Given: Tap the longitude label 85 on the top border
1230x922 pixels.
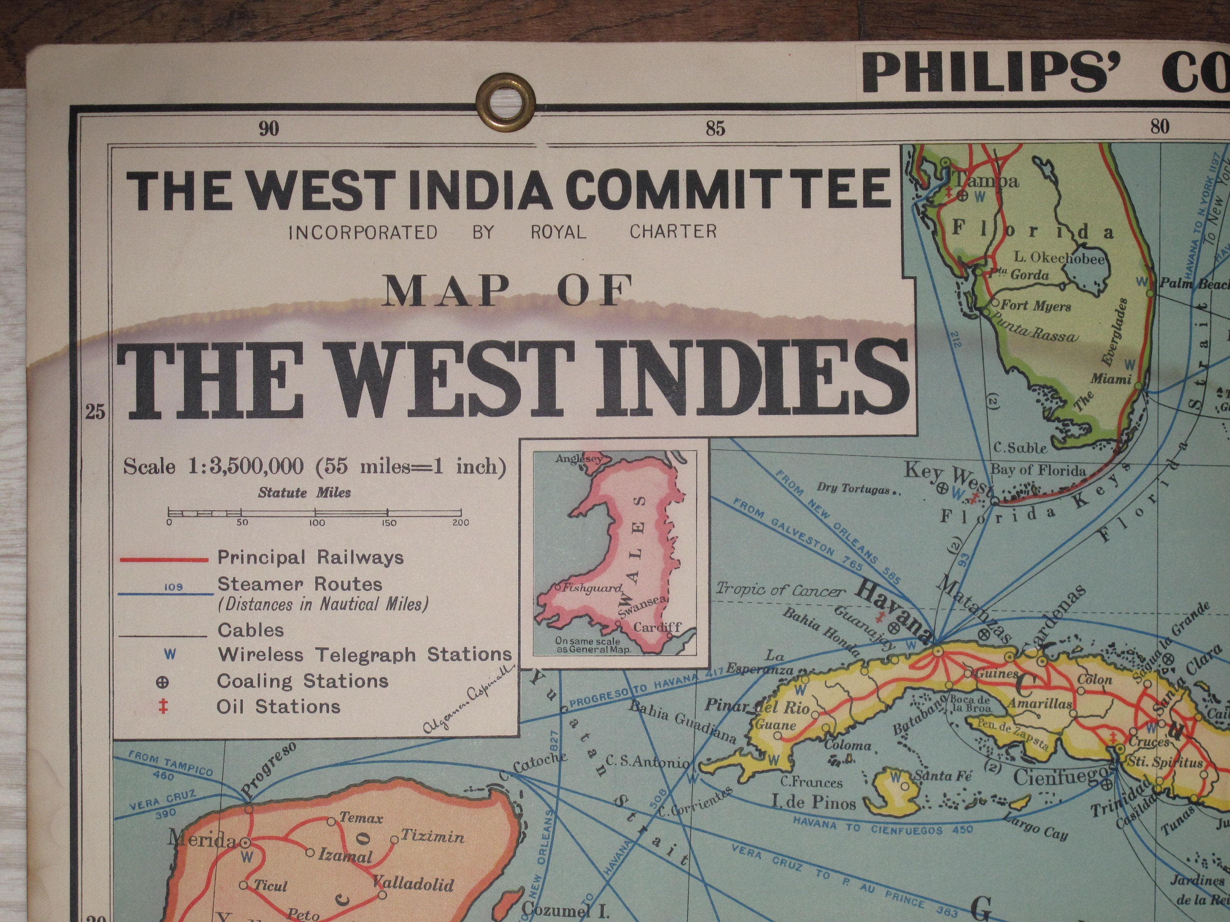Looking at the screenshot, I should click(715, 129).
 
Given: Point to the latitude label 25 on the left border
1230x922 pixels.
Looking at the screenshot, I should click(96, 412).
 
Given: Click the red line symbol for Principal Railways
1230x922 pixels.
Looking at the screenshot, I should click(164, 559).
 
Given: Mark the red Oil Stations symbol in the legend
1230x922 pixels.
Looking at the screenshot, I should click(163, 707).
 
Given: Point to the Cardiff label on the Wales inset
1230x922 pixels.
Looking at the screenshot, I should click(658, 627).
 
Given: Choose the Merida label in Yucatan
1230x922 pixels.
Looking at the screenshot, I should click(203, 839).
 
